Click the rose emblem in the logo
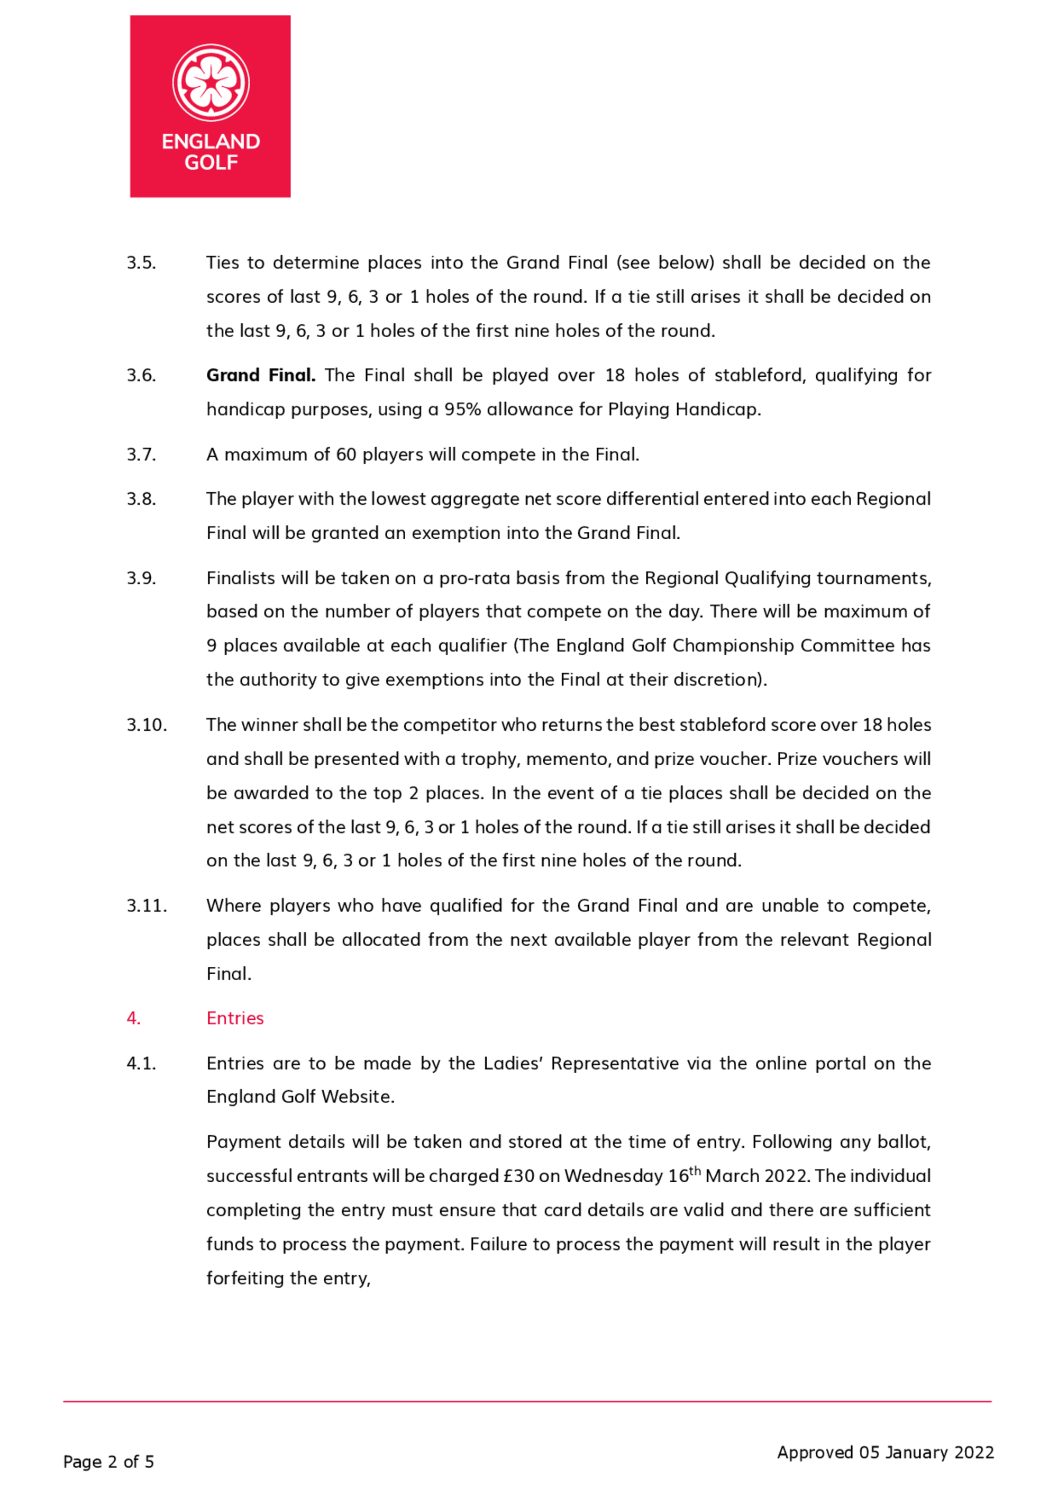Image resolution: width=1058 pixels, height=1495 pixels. pos(211,83)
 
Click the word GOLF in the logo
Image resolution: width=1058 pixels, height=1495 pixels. pos(211,162)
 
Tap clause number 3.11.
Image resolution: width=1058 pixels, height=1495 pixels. pos(147,905)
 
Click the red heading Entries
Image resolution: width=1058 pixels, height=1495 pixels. pos(235,1018)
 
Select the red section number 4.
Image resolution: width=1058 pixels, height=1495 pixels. pos(133,1018)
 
